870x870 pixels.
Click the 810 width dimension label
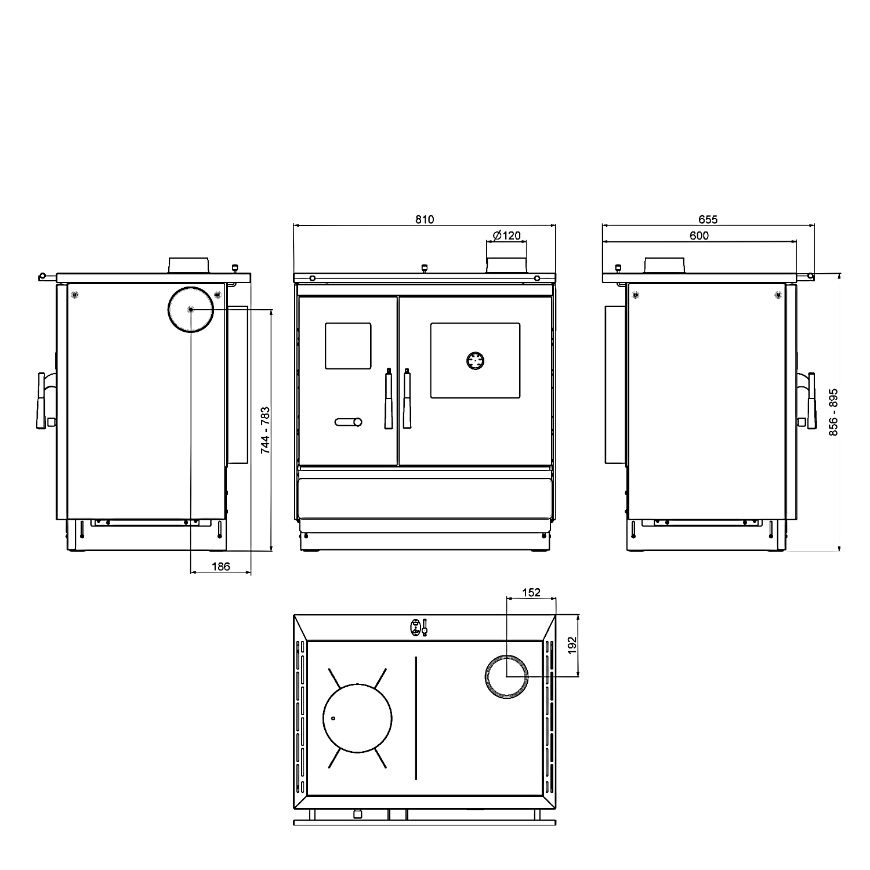click(425, 219)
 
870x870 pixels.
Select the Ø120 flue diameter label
click(507, 235)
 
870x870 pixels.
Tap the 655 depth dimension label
click(708, 219)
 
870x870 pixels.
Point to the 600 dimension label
click(699, 235)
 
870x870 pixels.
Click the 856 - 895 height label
click(833, 412)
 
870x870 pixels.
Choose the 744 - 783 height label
click(265, 430)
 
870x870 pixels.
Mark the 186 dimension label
click(220, 566)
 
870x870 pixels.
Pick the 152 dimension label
click(531, 592)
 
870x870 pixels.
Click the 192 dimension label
click(572, 645)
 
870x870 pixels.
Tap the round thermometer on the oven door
click(475, 360)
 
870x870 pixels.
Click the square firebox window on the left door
click(347, 346)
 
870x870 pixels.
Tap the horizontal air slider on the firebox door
click(348, 422)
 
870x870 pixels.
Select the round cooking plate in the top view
click(357, 718)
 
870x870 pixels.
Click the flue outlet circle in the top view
click(506, 676)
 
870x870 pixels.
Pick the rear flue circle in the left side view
click(191, 310)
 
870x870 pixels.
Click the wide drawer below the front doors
click(425, 498)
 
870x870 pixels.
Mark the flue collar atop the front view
click(506, 264)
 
